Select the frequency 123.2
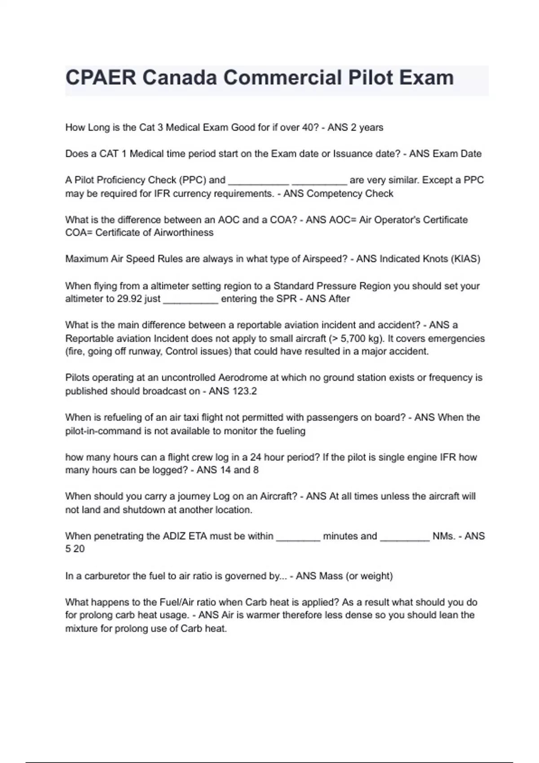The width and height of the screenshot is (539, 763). (245, 391)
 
